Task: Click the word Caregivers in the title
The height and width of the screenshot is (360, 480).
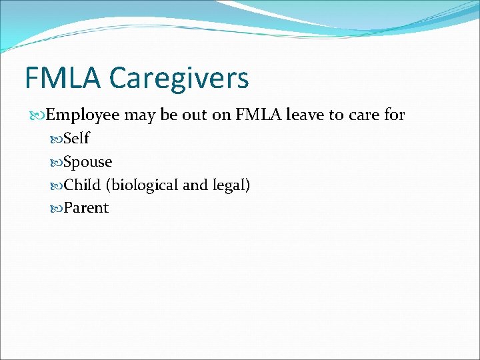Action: click(x=179, y=79)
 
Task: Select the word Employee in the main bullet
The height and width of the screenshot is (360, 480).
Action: click(x=83, y=115)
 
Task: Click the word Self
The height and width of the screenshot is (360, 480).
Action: click(x=76, y=139)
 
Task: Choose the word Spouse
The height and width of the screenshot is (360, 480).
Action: click(x=87, y=162)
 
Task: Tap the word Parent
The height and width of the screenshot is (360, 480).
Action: click(x=86, y=208)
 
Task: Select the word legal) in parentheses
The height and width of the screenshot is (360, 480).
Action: click(x=231, y=185)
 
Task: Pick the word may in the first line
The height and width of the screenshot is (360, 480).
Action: click(x=139, y=115)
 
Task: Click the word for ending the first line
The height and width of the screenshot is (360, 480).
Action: click(x=394, y=115)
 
